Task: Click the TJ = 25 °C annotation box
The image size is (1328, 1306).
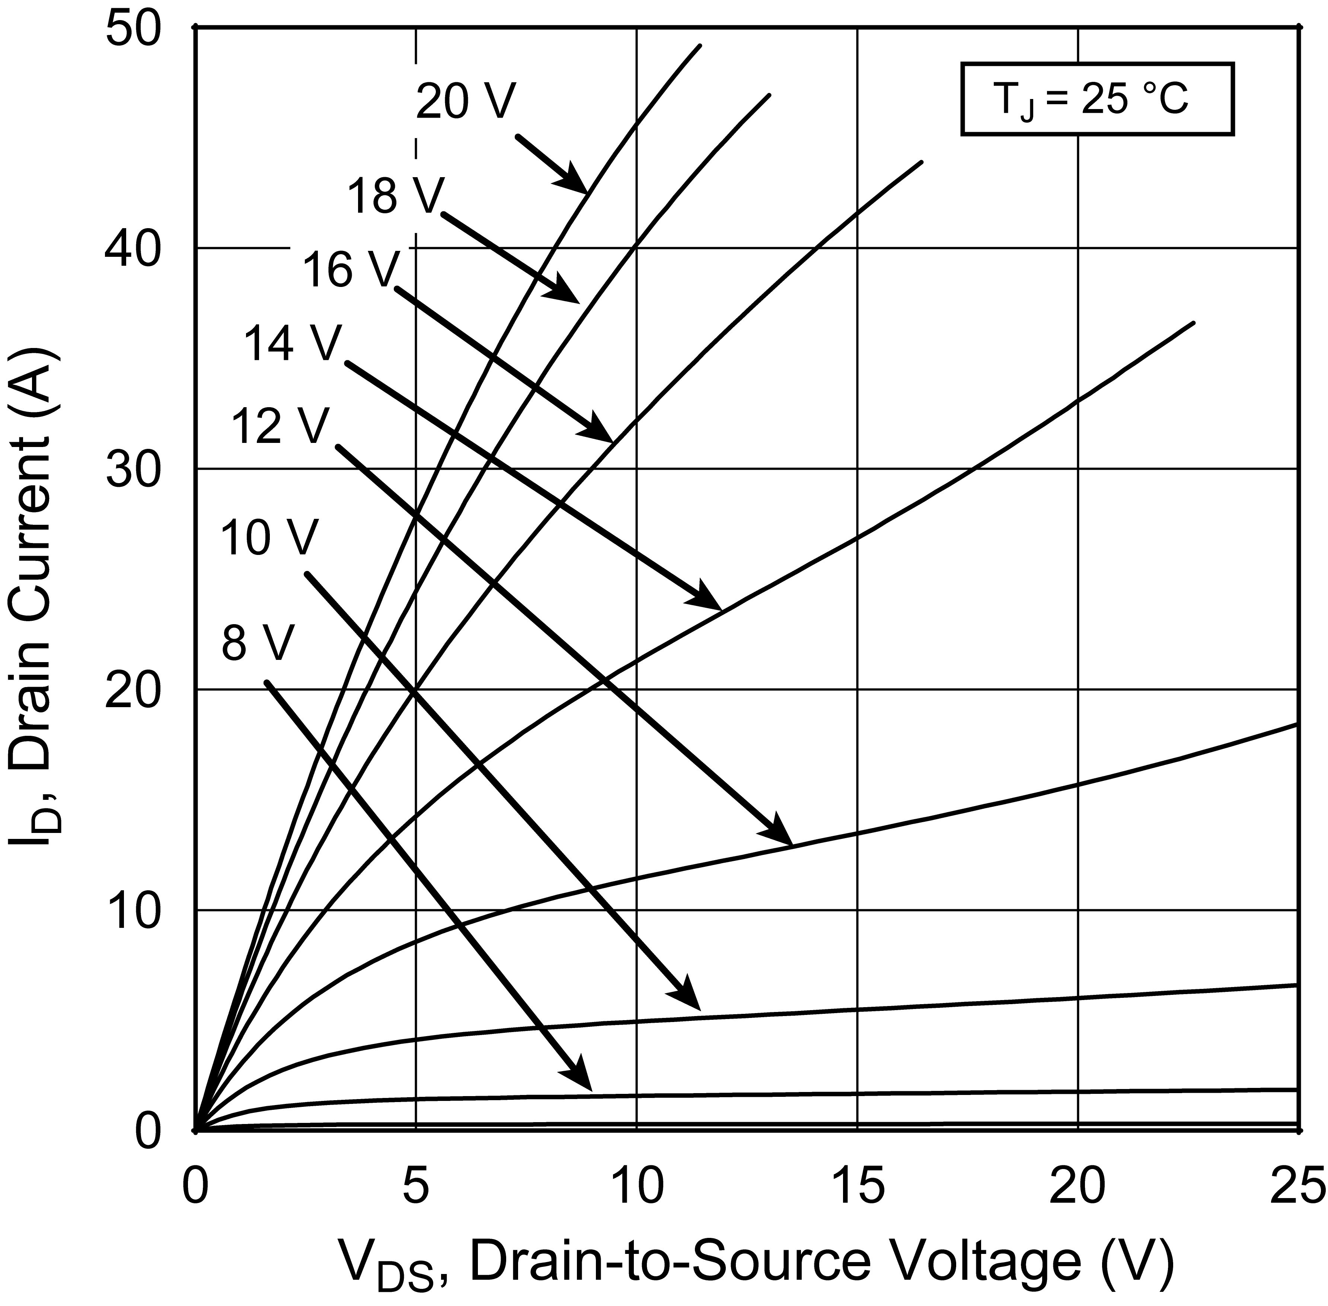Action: pyautogui.click(x=1097, y=99)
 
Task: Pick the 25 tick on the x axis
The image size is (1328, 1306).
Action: pyautogui.click(x=1296, y=1189)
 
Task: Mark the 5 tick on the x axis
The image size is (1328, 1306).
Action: pyautogui.click(x=416, y=1189)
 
